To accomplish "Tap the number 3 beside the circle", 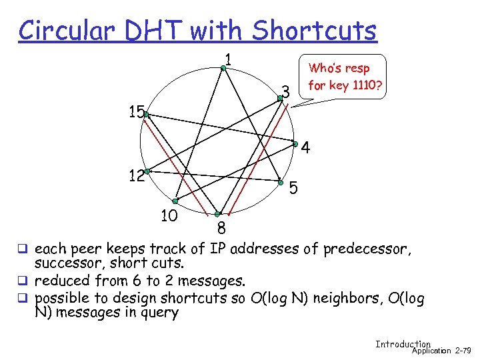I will pos(285,90).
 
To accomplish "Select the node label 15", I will pos(137,111).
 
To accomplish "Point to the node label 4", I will pos(305,148).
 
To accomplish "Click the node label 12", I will pos(137,176).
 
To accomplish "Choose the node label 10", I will pos(169,215).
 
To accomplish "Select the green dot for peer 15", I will pos(146,115).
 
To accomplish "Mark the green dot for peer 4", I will pos(295,143).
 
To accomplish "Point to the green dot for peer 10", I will pos(174,201).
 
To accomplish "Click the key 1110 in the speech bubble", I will pos(356,85).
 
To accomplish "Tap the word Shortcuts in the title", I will pos(314,30).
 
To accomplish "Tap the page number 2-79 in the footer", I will pos(463,350).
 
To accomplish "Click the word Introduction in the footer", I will pos(403,344).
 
